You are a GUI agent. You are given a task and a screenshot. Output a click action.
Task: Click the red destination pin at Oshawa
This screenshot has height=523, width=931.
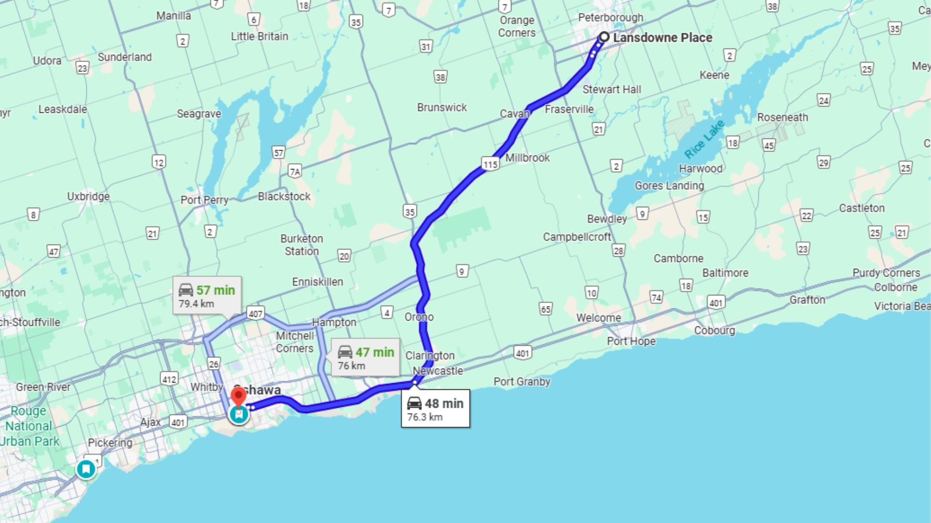(239, 397)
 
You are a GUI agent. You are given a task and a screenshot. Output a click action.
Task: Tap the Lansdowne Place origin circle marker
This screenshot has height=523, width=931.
(604, 37)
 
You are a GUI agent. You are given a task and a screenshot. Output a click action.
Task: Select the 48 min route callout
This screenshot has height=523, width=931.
(435, 408)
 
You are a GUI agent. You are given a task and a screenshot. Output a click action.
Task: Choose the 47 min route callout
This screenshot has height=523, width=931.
(366, 357)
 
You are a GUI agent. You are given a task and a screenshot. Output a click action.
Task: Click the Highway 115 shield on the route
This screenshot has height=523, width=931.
(490, 164)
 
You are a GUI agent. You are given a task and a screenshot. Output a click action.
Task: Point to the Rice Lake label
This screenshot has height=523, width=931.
(704, 138)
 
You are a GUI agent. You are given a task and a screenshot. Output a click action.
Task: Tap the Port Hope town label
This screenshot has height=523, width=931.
(631, 341)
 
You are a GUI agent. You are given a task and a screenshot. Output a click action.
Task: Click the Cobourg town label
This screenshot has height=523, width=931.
(714, 330)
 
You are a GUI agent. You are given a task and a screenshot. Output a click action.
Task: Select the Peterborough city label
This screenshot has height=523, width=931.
(610, 17)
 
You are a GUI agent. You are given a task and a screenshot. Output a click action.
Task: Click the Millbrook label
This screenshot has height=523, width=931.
(528, 158)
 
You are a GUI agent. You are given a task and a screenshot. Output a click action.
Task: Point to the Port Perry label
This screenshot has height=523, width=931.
(204, 200)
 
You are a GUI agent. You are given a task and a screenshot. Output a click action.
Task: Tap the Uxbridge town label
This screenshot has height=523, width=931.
(88, 197)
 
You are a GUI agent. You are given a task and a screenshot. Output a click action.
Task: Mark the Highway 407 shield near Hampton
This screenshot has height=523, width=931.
(255, 313)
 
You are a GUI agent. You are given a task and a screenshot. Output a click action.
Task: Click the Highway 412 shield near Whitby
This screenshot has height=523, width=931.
(169, 379)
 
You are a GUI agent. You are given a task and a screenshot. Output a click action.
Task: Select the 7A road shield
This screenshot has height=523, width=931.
(294, 171)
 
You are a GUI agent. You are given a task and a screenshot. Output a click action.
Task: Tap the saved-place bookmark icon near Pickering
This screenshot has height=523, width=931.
(86, 469)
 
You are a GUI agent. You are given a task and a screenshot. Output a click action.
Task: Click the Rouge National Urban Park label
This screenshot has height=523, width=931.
(29, 426)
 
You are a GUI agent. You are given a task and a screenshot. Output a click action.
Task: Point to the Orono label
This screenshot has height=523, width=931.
(419, 317)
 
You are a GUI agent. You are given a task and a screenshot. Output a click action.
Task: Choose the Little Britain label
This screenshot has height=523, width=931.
(259, 36)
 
